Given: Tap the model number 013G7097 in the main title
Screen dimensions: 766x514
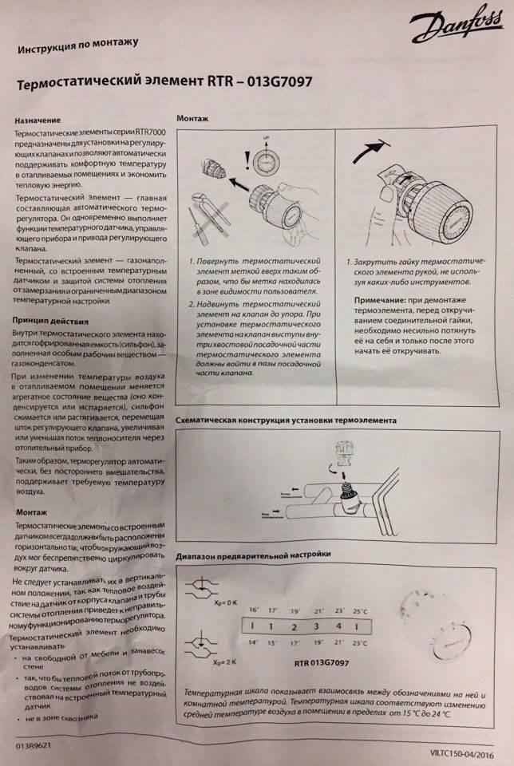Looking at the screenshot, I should pyautogui.click(x=278, y=83).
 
